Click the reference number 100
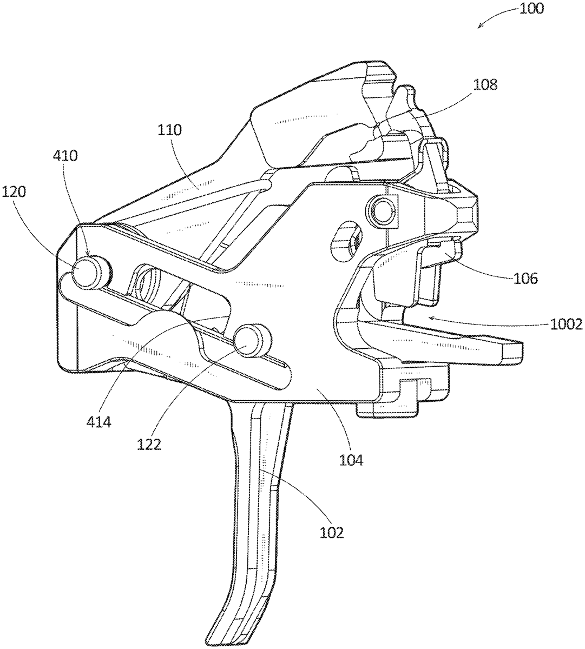(531, 9)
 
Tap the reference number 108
(485, 85)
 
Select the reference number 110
(169, 130)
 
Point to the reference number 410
(65, 156)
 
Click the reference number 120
(14, 193)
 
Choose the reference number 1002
(566, 324)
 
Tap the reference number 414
(98, 422)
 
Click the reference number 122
(149, 445)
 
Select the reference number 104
(351, 460)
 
